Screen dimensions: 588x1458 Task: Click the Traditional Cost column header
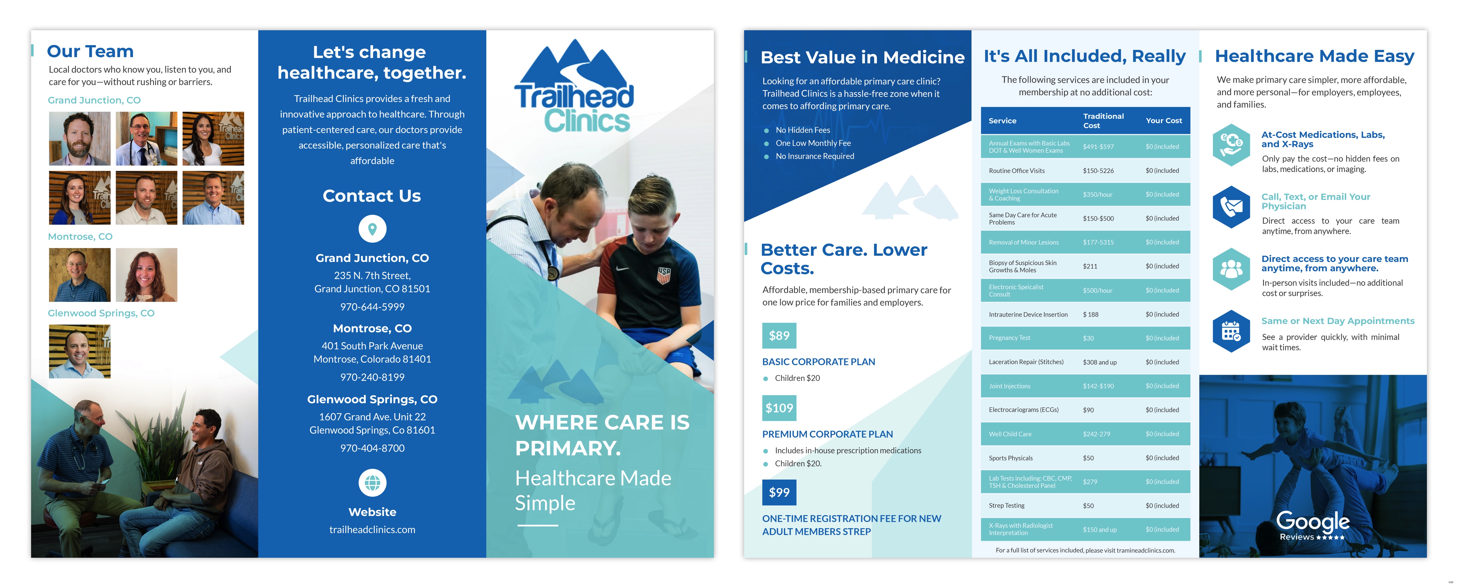pos(1103,120)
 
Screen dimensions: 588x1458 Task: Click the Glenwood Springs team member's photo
pos(80,351)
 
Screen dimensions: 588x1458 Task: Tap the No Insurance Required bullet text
pos(814,156)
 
